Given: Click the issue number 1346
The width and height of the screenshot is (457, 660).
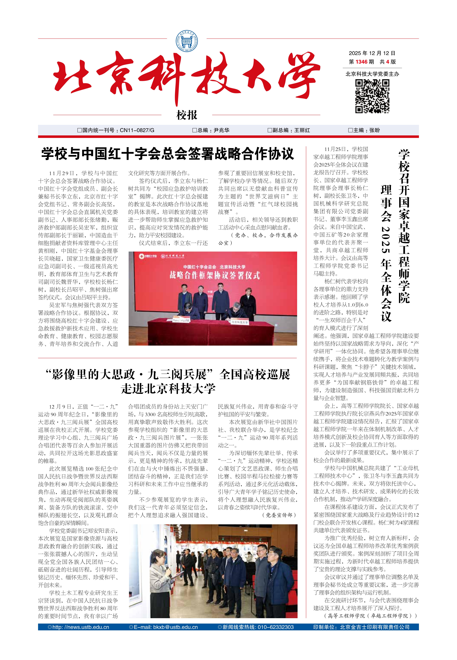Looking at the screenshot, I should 361,62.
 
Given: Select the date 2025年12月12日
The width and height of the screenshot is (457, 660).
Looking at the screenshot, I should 372,53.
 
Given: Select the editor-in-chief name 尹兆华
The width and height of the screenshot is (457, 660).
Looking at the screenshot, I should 221,130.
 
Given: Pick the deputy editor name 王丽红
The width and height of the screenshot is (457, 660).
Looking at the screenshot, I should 302,130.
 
